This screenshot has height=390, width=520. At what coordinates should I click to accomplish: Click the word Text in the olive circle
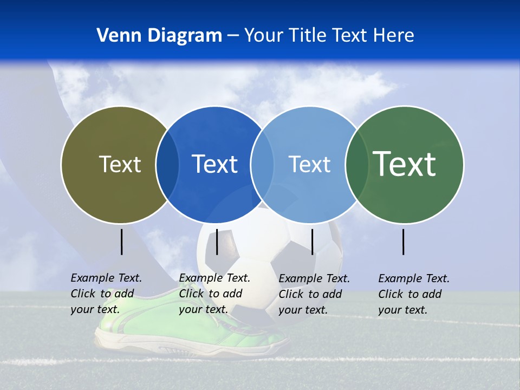[120, 164]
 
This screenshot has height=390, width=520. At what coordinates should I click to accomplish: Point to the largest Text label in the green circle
[404, 164]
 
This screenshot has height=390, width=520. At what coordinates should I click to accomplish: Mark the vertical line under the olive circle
[121, 242]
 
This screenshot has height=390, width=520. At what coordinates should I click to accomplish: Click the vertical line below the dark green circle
[404, 242]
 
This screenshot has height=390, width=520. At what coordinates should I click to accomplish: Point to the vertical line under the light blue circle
[313, 242]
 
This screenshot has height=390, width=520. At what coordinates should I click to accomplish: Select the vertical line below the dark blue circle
[217, 242]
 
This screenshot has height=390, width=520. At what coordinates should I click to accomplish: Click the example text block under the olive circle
[106, 294]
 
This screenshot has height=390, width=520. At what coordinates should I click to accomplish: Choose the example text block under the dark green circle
[414, 294]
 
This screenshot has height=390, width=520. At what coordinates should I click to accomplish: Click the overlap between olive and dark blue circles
[167, 165]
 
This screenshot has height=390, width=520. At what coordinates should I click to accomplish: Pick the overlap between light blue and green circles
[356, 165]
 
